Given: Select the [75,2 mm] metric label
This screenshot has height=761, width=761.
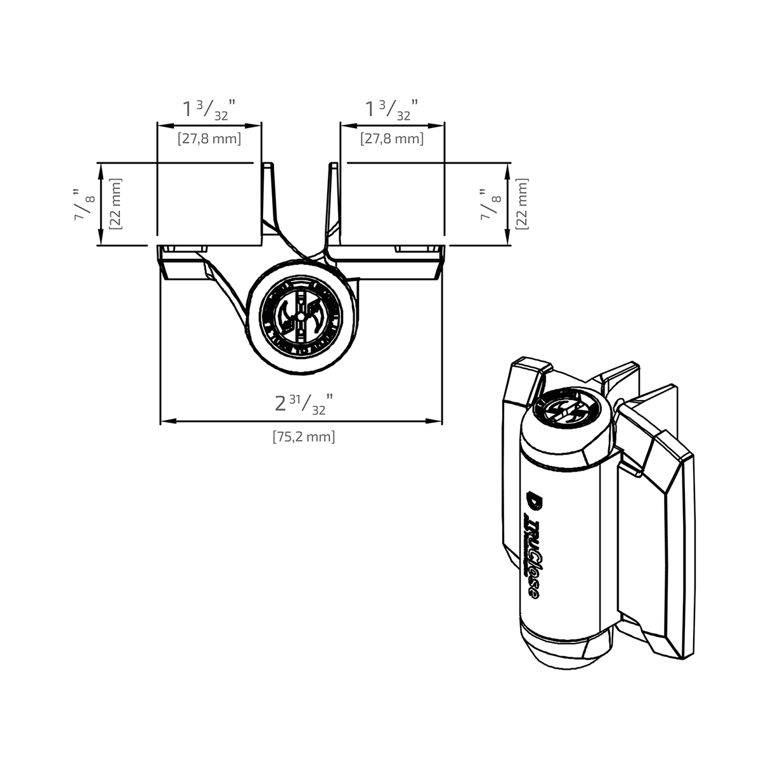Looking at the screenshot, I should point(303,436).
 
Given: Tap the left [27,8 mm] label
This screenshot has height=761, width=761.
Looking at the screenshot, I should point(209,138).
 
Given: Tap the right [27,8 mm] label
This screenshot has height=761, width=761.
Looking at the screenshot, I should point(391,138).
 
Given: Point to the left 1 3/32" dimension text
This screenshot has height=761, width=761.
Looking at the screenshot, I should point(209,109).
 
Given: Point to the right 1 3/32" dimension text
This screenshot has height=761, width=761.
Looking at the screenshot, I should point(391,109).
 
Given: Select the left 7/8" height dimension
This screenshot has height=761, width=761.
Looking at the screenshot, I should point(85,204).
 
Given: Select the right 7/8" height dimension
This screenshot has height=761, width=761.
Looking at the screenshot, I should point(490,204).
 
